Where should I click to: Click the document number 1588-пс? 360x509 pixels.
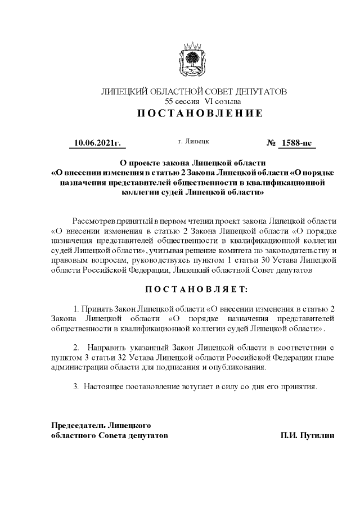coord(296,143)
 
